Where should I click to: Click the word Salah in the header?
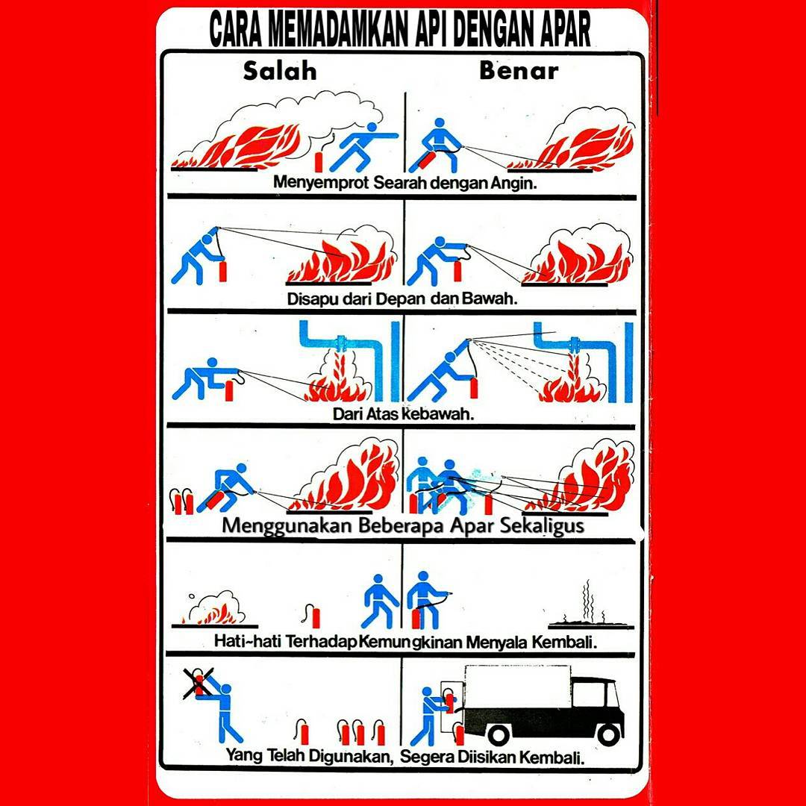pos(280,72)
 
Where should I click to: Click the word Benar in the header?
pos(519,71)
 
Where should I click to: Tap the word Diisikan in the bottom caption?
pos(486,757)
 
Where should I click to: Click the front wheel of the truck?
pos(609,734)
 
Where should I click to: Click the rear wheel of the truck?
pos(498,734)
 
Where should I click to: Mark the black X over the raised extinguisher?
pos(199,683)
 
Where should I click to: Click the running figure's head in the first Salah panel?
pos(372,127)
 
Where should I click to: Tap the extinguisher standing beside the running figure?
pos(319,161)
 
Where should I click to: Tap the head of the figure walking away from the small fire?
pos(378,579)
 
